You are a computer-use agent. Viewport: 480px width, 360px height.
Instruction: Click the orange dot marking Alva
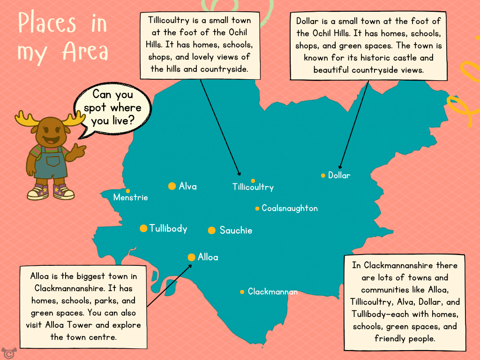[172, 186]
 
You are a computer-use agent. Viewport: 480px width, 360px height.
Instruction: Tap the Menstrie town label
[130, 198]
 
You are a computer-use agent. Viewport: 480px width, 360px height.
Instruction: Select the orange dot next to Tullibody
[143, 228]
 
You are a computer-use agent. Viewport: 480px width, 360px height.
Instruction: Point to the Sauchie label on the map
[236, 231]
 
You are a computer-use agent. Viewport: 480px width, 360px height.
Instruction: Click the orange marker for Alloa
[191, 257]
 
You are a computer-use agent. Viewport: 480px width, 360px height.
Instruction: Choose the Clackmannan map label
[272, 292]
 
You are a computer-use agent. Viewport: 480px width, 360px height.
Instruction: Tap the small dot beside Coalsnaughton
[257, 209]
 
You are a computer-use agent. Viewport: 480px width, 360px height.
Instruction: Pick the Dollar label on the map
[339, 175]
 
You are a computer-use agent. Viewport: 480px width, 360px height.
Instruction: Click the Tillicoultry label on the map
[253, 187]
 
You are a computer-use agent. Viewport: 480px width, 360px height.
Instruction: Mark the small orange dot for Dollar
[323, 176]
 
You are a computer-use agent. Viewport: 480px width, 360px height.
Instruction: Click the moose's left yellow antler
[25, 119]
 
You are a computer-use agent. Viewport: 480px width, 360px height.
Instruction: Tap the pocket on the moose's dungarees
[52, 161]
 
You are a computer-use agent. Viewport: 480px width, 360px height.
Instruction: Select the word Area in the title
[84, 52]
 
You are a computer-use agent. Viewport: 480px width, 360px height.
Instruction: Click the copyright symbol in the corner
[7, 352]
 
